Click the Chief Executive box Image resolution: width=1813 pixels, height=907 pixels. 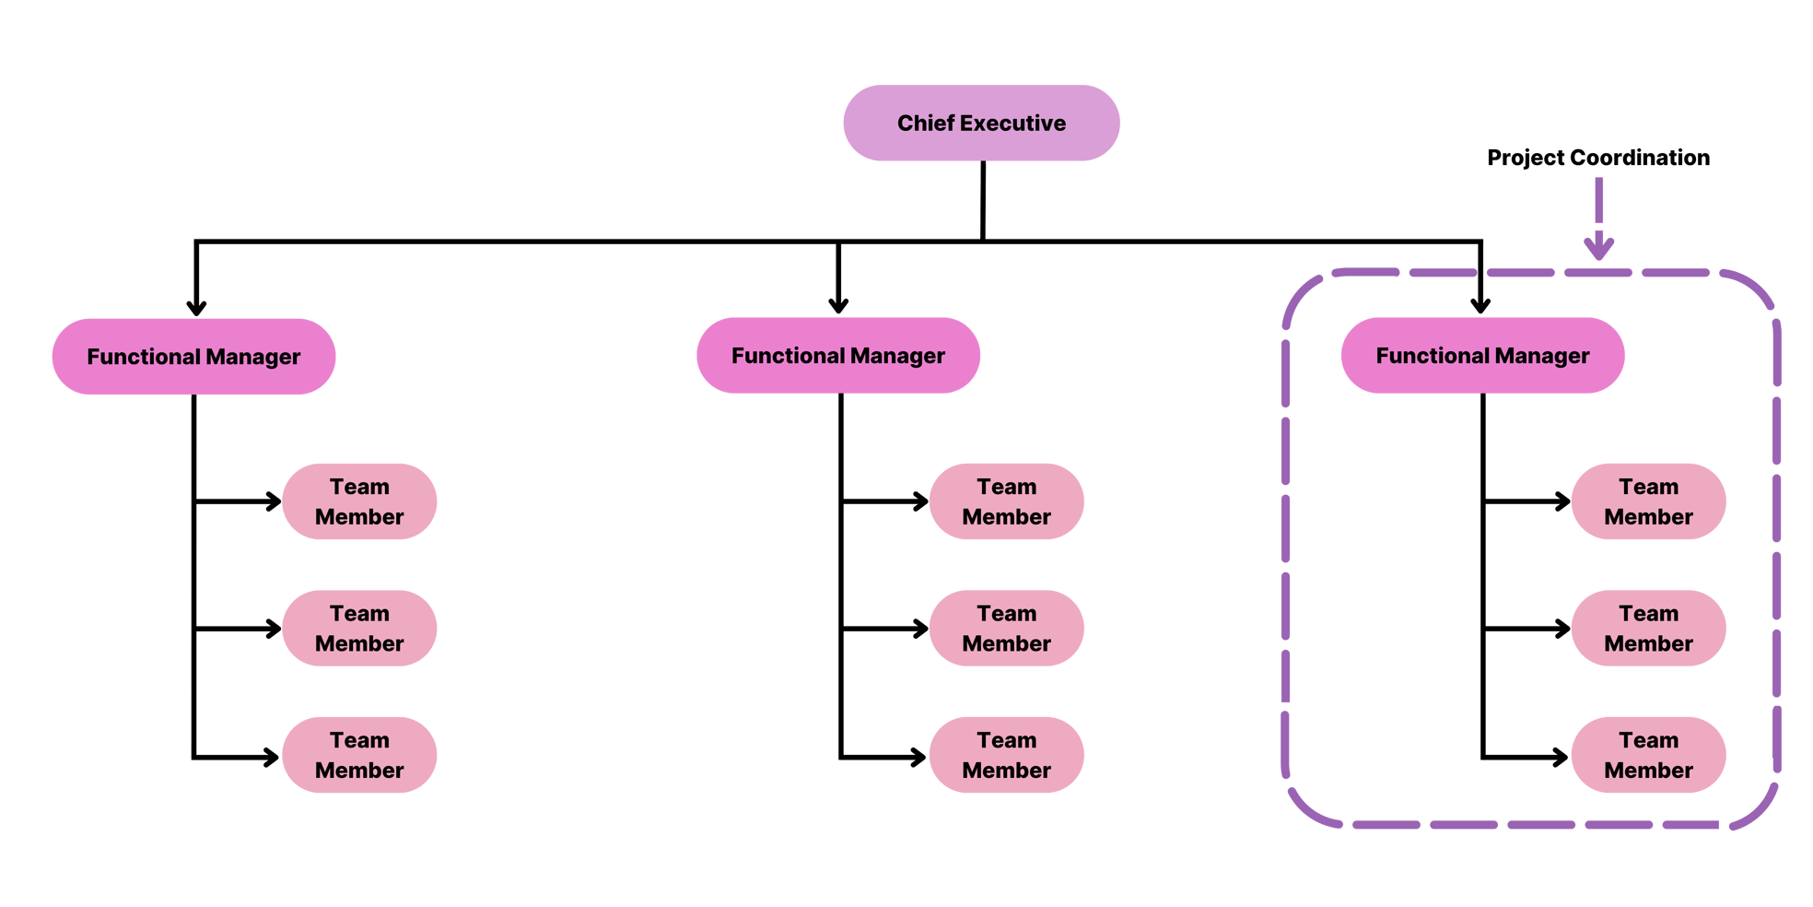pos(981,124)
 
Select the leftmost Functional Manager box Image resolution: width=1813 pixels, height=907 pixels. pos(193,357)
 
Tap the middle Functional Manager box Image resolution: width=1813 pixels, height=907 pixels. pos(837,356)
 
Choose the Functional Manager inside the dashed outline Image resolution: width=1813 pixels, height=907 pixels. pos(1481,356)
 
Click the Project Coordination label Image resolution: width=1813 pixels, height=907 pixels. pos(1597,158)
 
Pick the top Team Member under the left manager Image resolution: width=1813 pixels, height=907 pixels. pos(359,501)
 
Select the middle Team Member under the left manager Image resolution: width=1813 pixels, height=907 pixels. pos(359,629)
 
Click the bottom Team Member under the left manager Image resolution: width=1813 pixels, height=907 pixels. pos(359,755)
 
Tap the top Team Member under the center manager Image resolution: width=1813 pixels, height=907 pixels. pos(1006,501)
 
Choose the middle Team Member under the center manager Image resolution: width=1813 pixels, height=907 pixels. pos(1006,629)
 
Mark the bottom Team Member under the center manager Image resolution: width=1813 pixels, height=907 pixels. pos(1006,755)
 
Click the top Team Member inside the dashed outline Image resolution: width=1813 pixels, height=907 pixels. pos(1647,501)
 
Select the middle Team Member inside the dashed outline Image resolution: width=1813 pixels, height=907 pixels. pos(1647,629)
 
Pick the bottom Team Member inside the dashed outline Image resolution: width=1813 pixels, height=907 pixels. pos(1647,755)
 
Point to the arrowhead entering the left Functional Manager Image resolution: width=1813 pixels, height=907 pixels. pos(195,307)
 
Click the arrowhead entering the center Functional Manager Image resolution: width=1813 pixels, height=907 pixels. pos(837,305)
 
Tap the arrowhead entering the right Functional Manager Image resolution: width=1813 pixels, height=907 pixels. pos(1480,305)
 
